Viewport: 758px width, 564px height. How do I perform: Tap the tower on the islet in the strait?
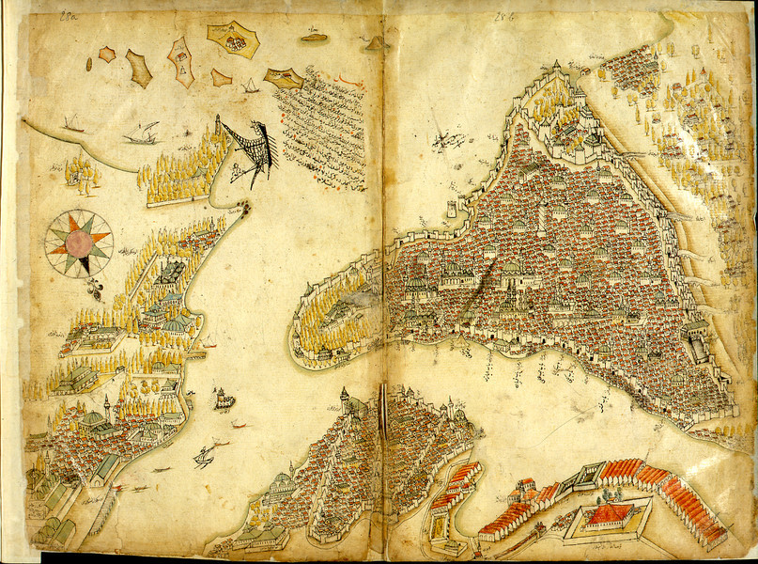(224, 398)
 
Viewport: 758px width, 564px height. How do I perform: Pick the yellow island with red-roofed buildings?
(232, 40)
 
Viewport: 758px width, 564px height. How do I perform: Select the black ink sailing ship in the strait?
(204, 459)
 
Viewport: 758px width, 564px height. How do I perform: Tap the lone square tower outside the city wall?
(453, 206)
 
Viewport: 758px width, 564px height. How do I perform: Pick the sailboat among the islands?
(250, 86)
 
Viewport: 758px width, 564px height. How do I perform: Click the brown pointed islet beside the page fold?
(376, 42)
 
